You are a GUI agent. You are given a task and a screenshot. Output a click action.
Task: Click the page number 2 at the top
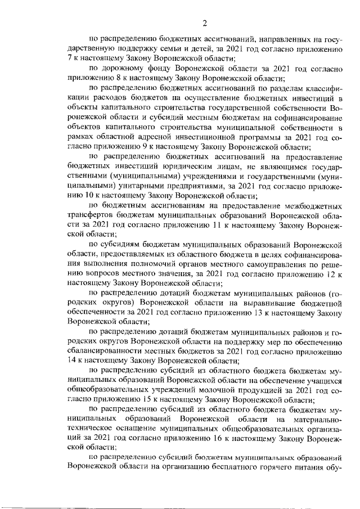pyautogui.click(x=205, y=23)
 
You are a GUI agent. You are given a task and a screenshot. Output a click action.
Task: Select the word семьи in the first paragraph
pyautogui.click(x=168, y=49)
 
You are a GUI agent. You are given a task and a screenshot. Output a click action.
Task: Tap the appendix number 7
pyautogui.click(x=69, y=58)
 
